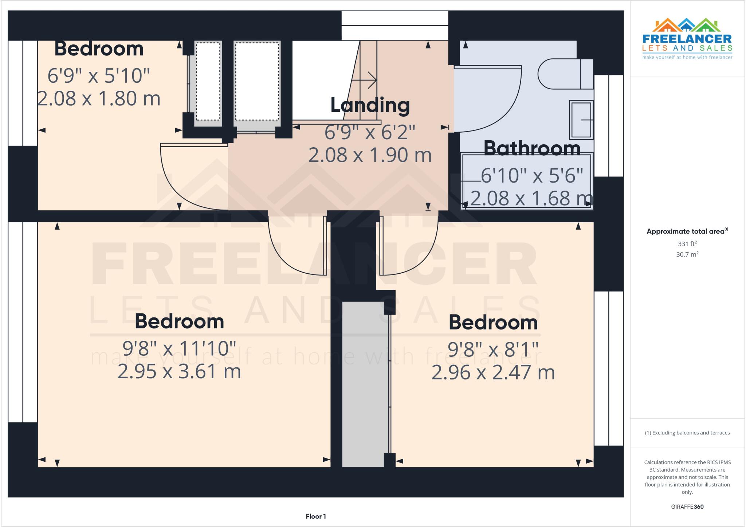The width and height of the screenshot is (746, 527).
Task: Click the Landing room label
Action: tap(370, 105)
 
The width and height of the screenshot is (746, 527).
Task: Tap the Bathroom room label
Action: tap(532, 148)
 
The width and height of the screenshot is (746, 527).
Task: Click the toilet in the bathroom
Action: tap(565, 74)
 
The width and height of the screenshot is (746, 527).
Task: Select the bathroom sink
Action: tap(581, 120)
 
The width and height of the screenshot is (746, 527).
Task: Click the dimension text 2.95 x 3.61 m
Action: tap(179, 371)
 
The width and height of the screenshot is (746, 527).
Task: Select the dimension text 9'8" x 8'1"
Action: tap(493, 350)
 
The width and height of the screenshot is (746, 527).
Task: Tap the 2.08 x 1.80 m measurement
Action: tap(99, 98)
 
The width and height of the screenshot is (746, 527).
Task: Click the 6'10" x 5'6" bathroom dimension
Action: tap(532, 176)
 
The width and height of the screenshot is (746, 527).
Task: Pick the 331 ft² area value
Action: tap(687, 244)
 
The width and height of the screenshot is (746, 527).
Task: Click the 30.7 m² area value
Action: tap(687, 254)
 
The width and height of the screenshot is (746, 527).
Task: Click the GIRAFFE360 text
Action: tap(687, 507)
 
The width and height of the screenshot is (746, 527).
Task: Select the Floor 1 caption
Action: tap(316, 516)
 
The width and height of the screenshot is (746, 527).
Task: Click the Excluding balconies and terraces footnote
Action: tap(687, 433)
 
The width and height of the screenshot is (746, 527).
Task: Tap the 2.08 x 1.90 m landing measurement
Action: tap(370, 155)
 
